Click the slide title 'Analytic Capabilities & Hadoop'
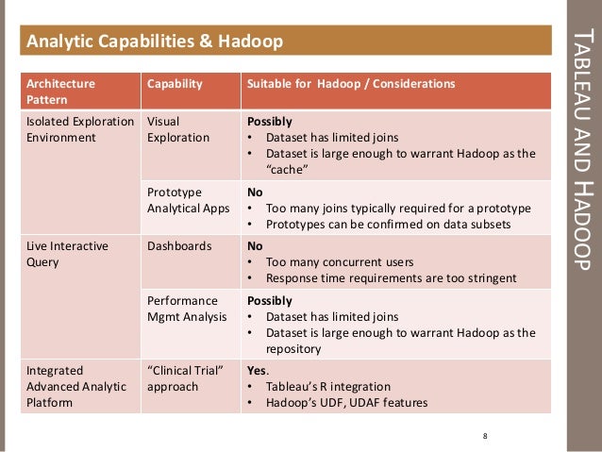pyautogui.click(x=153, y=42)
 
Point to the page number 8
pyautogui.click(x=484, y=435)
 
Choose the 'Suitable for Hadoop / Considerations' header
pyautogui.click(x=350, y=84)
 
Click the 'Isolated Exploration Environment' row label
pyautogui.click(x=76, y=129)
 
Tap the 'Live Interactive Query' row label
pyautogui.click(x=66, y=254)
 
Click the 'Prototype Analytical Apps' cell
pyautogui.click(x=183, y=199)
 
